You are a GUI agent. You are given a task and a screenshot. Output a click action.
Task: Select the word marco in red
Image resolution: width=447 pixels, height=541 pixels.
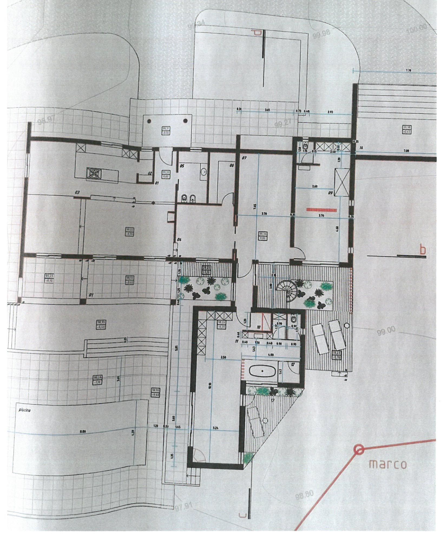pos(388,464)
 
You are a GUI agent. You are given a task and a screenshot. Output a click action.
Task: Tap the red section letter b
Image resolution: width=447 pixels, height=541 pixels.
pos(422,250)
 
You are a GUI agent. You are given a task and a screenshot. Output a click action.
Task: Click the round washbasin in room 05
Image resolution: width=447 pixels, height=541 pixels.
pos(204,171)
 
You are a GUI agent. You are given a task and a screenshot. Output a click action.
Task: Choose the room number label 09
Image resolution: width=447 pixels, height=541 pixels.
pos(330,193)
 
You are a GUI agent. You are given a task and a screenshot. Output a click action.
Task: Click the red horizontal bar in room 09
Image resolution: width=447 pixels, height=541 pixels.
pos(321,209)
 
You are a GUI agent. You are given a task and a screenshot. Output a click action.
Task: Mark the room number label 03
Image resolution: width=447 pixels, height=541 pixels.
pos(77,192)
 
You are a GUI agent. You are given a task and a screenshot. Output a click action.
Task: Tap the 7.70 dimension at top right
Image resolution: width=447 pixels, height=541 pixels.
pos(409,70)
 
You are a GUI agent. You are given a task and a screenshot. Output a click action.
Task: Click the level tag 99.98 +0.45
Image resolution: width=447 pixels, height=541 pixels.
pos(406,129)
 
